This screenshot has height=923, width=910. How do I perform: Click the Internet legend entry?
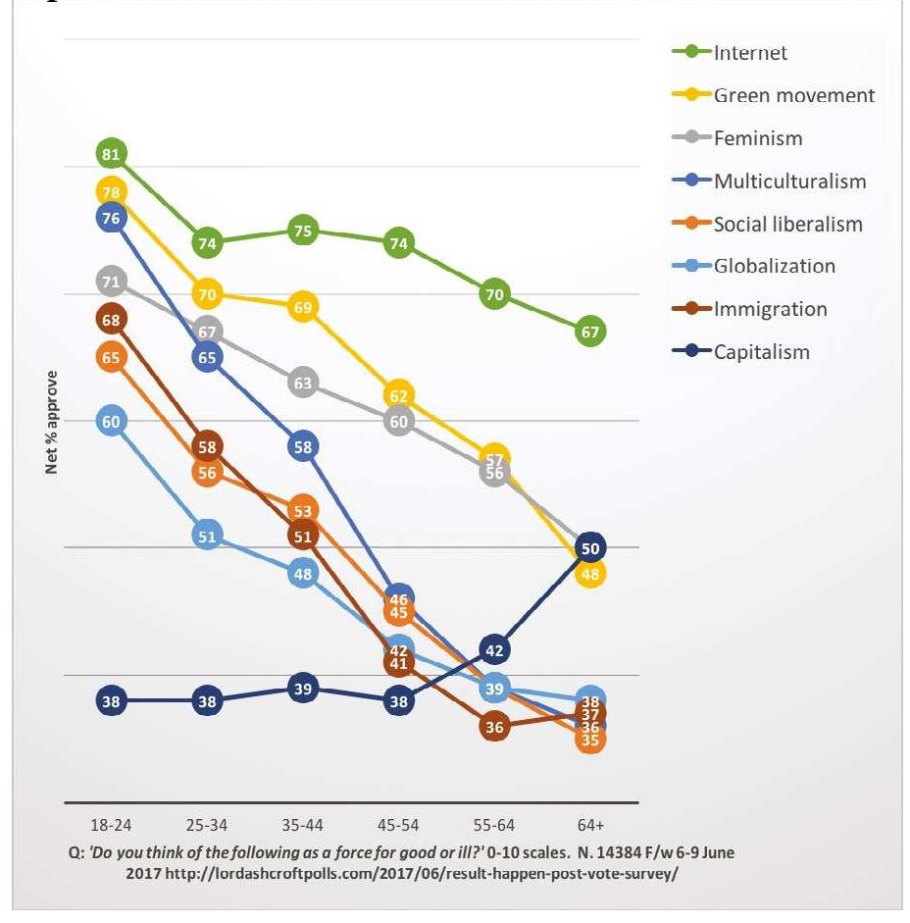tap(750, 53)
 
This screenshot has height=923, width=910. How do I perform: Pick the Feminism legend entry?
tap(757, 138)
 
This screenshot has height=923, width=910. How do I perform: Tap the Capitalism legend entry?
tap(762, 351)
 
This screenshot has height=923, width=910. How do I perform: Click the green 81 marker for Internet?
tap(111, 154)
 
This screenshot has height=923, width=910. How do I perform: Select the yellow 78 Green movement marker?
tap(111, 191)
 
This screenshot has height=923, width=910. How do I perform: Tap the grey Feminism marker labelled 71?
tap(111, 282)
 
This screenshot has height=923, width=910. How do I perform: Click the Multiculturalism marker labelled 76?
tap(111, 218)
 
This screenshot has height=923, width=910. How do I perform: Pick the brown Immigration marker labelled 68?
tap(111, 319)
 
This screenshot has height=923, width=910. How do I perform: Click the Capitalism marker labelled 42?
tap(495, 649)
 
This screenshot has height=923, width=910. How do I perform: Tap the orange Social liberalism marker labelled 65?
tap(111, 358)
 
